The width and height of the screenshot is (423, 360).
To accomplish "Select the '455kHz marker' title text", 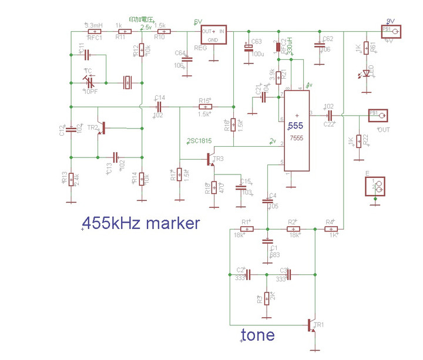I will [141, 223].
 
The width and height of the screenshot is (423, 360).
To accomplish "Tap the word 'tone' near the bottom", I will [258, 335].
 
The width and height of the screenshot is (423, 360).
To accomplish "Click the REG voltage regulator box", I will [213, 36].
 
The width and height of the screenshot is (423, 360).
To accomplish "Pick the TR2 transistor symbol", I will [103, 127].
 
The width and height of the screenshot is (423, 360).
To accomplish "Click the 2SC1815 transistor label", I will [199, 141].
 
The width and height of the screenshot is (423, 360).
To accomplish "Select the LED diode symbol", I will [367, 73].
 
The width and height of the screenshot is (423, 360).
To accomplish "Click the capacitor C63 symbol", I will [247, 46].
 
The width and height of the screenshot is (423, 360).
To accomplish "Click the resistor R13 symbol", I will [71, 179].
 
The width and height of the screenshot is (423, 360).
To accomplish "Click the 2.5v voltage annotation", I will [146, 26].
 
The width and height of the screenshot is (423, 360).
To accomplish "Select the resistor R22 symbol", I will [358, 141].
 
